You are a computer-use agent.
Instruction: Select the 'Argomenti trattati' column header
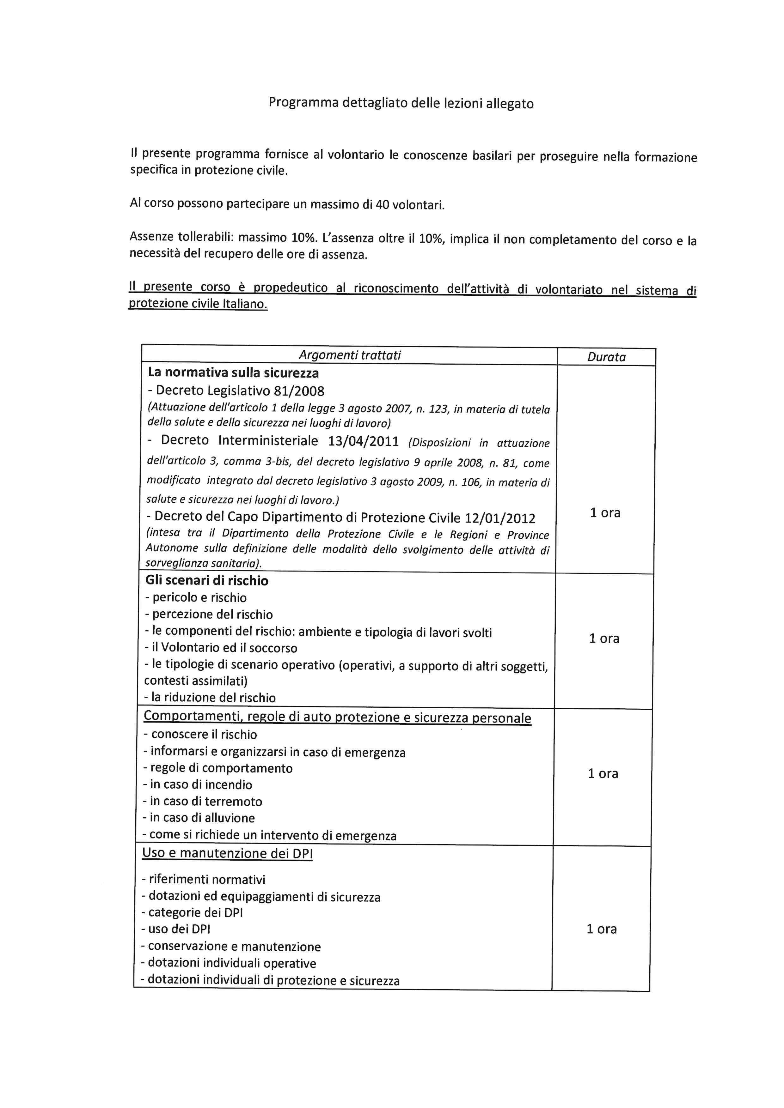[x=350, y=355]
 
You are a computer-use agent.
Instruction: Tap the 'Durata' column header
[x=606, y=357]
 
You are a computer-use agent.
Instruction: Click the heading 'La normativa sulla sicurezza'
[x=233, y=373]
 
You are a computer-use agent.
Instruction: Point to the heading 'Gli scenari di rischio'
[x=207, y=581]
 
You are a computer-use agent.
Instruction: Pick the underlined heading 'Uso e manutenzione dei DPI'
[x=227, y=853]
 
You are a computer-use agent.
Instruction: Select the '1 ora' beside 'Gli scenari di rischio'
[x=604, y=639]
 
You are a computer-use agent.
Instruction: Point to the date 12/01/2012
[x=500, y=518]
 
